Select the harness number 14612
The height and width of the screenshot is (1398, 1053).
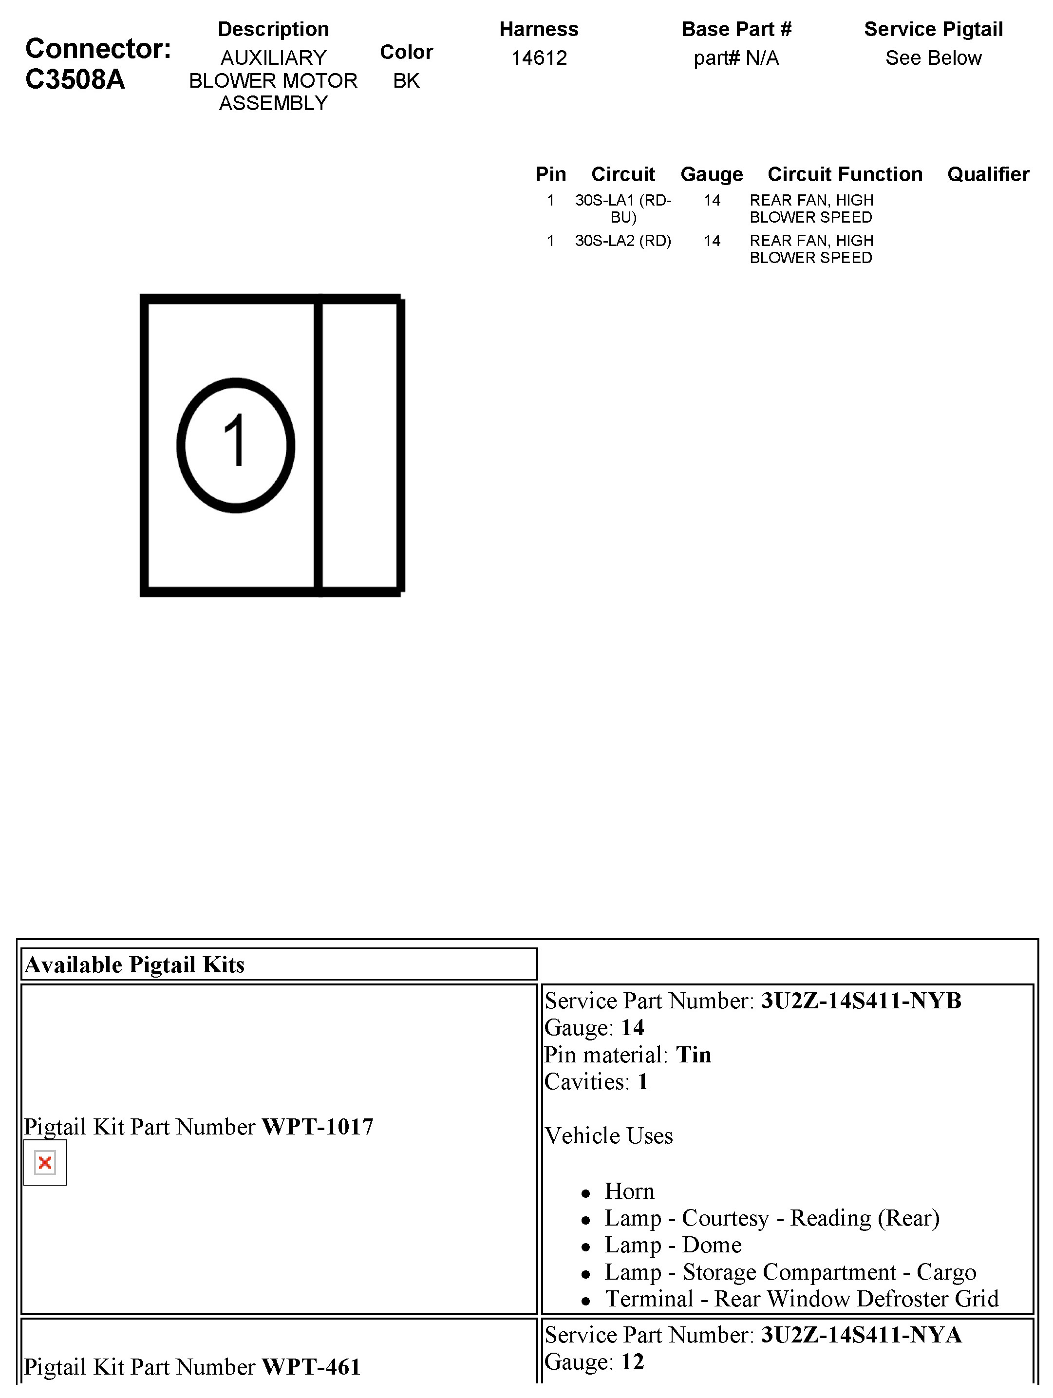539,58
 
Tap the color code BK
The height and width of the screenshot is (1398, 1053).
406,81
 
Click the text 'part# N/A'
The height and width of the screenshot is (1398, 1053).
736,58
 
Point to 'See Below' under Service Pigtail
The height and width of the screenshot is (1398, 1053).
933,58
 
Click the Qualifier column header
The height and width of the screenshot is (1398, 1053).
988,174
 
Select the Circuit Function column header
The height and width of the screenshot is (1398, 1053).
845,174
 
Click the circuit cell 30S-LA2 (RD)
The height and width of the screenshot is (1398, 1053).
622,241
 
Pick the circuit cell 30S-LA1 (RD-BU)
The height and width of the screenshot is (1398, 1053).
622,208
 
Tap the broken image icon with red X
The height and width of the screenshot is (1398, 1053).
45,1162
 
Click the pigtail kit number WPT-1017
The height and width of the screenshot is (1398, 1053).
317,1127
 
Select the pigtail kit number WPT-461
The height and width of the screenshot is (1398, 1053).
311,1367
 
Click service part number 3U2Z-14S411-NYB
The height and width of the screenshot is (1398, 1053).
861,1001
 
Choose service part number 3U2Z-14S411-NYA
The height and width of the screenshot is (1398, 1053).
861,1335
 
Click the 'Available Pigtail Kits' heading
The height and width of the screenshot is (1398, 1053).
134,965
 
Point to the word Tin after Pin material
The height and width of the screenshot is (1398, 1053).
694,1055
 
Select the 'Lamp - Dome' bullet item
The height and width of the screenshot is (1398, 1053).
673,1245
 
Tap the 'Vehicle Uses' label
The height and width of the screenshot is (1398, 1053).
609,1136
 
